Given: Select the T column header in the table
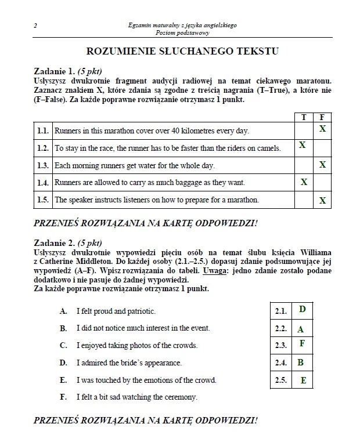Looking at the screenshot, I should (303, 117).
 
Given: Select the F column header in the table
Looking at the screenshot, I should (322, 117).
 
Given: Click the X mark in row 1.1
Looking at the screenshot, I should (322, 129).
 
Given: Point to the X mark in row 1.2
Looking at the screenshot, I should (303, 146).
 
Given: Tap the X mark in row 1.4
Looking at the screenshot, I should (303, 182).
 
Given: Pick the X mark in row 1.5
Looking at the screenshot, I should (322, 201).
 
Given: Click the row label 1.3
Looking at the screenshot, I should (42, 166).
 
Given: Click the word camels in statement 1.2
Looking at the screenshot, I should (267, 148).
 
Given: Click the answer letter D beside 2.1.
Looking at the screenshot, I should (303, 310).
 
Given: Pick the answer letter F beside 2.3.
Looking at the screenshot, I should (302, 343).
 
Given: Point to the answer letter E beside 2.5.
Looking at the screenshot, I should (303, 381).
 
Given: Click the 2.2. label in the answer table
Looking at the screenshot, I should (281, 329).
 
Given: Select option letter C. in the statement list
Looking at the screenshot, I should (63, 345).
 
